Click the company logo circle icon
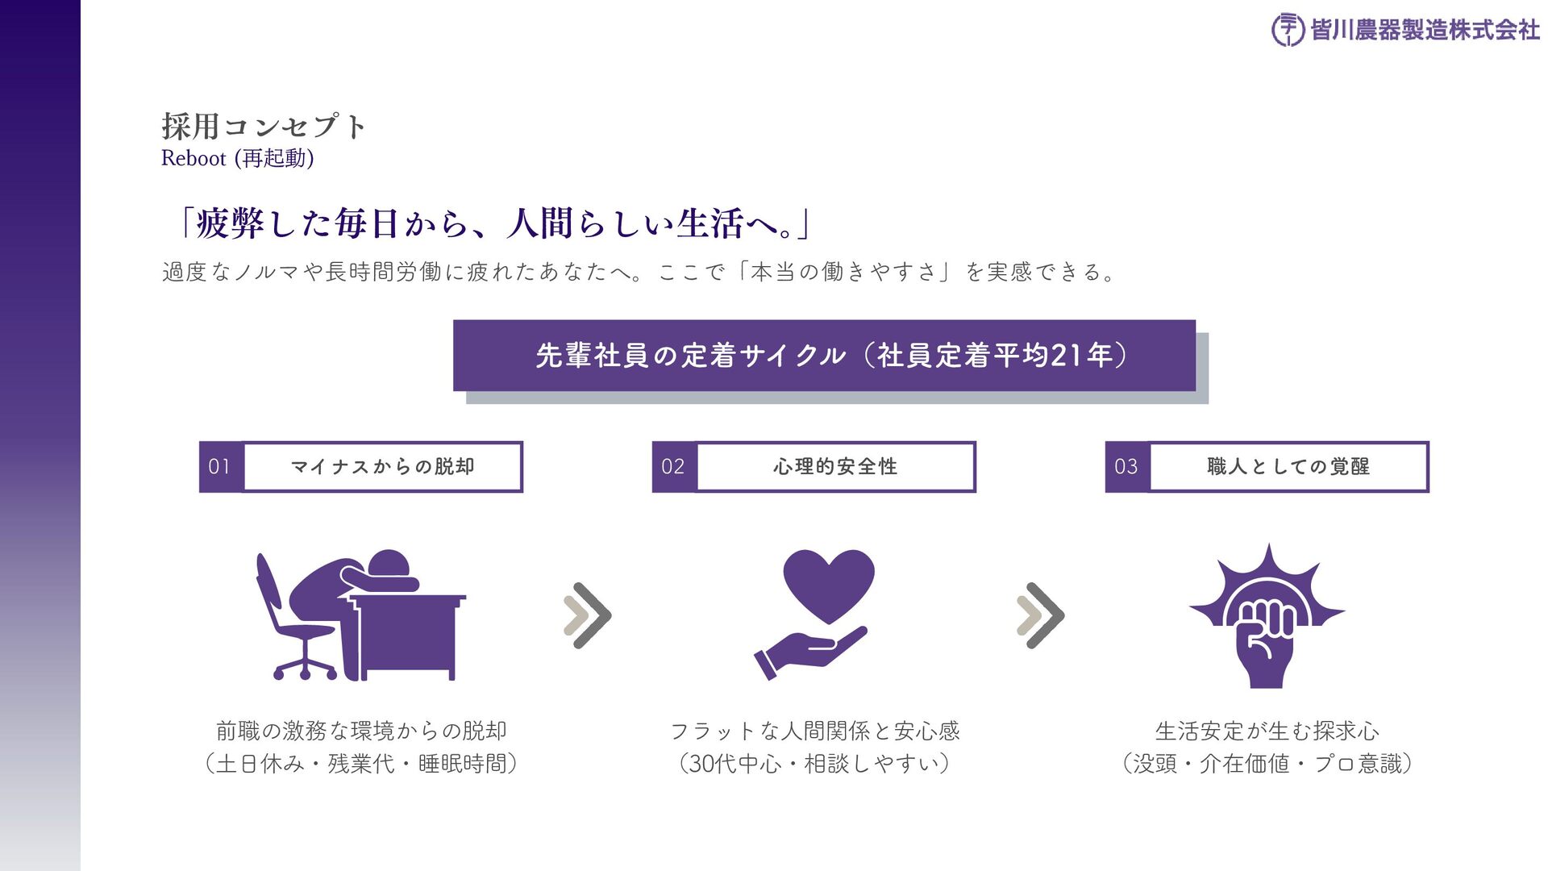1288,30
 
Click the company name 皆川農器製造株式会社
1425,31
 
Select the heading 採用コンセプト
264,127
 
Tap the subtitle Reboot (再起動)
237,158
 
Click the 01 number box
220,466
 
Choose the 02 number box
673,466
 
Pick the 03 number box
1126,466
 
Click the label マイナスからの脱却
383,466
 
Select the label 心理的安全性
835,466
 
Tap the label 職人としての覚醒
1288,466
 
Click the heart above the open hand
828,583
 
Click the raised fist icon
1266,637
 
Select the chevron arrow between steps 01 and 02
587,615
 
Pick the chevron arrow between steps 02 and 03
1040,615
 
